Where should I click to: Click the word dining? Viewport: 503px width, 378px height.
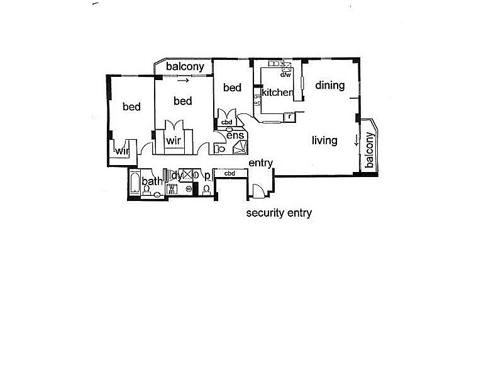click(x=330, y=85)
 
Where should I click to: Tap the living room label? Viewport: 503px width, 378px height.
click(x=324, y=140)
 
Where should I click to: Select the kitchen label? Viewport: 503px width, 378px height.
click(x=277, y=93)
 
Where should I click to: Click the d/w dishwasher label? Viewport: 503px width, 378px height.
click(x=286, y=74)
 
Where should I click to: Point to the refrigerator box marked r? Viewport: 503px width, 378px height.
click(x=288, y=116)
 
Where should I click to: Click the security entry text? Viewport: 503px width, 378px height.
click(x=279, y=213)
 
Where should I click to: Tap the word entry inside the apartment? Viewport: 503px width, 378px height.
click(x=260, y=163)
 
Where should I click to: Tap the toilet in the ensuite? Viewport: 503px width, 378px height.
click(x=220, y=149)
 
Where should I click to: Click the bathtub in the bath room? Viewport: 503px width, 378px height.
click(x=135, y=185)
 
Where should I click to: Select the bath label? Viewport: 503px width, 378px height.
click(x=152, y=182)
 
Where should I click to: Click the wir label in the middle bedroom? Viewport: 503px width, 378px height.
click(x=174, y=141)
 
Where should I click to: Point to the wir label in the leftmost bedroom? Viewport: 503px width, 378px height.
click(x=121, y=151)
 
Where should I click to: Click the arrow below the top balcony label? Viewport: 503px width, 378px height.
click(x=184, y=81)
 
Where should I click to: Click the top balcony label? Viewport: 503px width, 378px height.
click(x=184, y=66)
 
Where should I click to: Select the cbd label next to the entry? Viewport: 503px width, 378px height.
click(x=229, y=173)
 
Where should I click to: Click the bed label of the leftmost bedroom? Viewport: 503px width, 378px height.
click(x=131, y=107)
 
